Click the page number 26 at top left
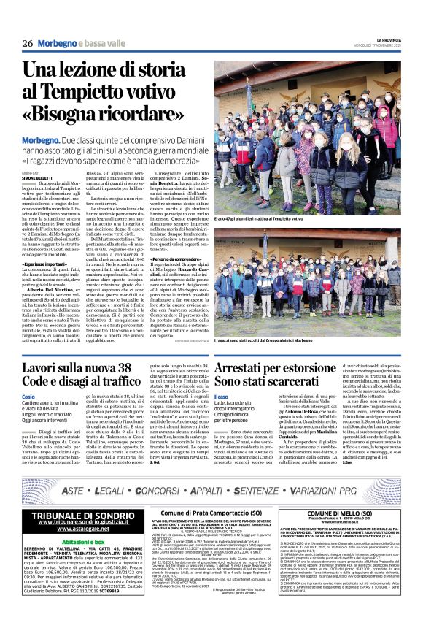coord(27,43)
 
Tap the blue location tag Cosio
coord(29,394)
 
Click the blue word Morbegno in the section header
coord(60,44)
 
